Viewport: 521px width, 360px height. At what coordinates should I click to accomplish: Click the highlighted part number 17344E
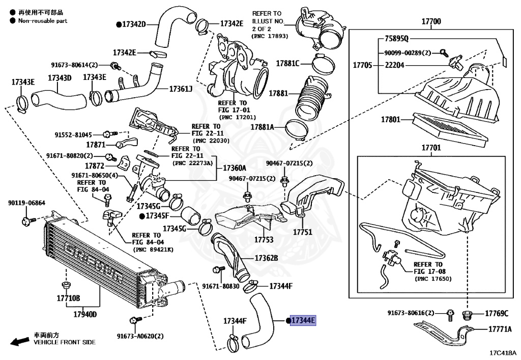pyautogui.click(x=303, y=320)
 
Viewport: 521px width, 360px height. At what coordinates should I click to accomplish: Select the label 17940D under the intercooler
pyautogui.click(x=85, y=314)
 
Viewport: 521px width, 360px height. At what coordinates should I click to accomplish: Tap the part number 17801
pyautogui.click(x=390, y=119)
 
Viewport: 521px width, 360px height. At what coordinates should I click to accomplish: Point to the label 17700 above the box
pyautogui.click(x=431, y=21)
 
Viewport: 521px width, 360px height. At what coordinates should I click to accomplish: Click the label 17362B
pyautogui.click(x=267, y=258)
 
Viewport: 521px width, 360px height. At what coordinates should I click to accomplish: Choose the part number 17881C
pyautogui.click(x=288, y=63)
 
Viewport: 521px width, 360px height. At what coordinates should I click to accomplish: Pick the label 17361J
pyautogui.click(x=181, y=89)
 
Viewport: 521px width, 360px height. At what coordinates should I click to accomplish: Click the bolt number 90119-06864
pyautogui.click(x=26, y=203)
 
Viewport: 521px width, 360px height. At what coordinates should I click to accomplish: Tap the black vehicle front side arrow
pyautogui.click(x=20, y=341)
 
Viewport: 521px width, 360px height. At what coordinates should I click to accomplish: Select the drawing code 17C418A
pyautogui.click(x=503, y=353)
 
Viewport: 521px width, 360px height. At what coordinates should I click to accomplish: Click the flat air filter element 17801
pyautogui.click(x=451, y=130)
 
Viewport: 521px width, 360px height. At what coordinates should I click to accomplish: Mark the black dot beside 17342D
pyautogui.click(x=119, y=24)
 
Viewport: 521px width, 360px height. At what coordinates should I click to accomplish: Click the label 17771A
pyautogui.click(x=500, y=329)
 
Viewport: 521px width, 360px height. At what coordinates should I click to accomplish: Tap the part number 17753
pyautogui.click(x=264, y=240)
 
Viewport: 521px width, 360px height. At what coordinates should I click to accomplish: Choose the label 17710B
pyautogui.click(x=69, y=298)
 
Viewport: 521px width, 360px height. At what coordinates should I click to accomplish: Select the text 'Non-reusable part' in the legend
pyautogui.click(x=43, y=20)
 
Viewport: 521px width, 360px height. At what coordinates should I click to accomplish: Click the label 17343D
pyautogui.click(x=60, y=78)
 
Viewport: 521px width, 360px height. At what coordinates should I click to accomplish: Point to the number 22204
pyautogui.click(x=395, y=65)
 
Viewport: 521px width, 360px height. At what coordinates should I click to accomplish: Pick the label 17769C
pyautogui.click(x=497, y=314)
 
